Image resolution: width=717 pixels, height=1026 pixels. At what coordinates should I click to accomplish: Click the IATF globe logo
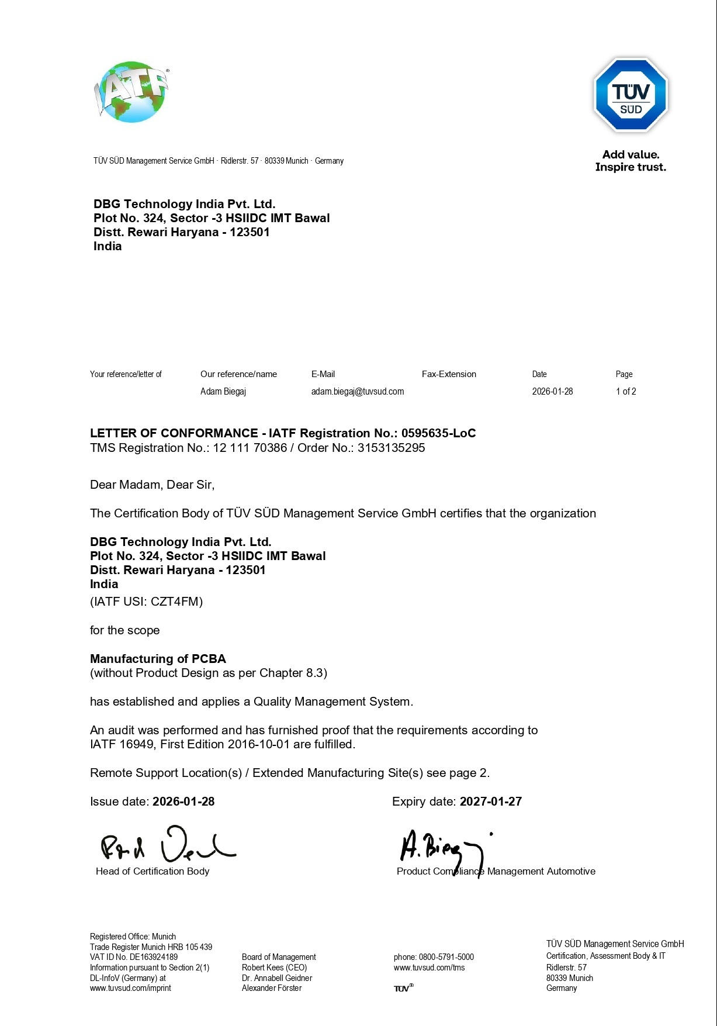131,92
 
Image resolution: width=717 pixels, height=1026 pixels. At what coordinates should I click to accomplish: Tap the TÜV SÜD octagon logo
631,95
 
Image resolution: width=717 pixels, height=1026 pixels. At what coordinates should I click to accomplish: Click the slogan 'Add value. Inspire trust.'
631,161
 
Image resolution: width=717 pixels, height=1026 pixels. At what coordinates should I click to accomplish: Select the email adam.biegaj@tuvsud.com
357,392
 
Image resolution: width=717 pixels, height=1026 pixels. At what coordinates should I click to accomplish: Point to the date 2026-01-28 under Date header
552,392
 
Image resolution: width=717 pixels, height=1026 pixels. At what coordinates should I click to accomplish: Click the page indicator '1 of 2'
625,392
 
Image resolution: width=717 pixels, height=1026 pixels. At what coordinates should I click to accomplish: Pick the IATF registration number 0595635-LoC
438,433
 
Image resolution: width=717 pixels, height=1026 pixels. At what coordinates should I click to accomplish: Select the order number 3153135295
391,448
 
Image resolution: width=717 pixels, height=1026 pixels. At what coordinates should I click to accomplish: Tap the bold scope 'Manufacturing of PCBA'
158,659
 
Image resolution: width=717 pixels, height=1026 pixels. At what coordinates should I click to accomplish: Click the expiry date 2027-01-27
490,802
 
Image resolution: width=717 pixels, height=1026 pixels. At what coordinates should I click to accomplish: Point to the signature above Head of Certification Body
167,845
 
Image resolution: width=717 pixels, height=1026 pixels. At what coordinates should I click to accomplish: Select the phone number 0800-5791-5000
446,957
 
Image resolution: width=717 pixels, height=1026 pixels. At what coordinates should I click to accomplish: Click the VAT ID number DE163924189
153,957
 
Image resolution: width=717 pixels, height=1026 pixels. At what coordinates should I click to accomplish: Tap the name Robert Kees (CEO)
274,968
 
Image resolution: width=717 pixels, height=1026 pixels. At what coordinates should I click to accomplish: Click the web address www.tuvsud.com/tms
429,968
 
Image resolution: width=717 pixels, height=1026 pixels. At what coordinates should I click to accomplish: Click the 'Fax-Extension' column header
449,374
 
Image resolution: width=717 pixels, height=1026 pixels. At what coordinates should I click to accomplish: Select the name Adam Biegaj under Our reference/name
223,392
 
